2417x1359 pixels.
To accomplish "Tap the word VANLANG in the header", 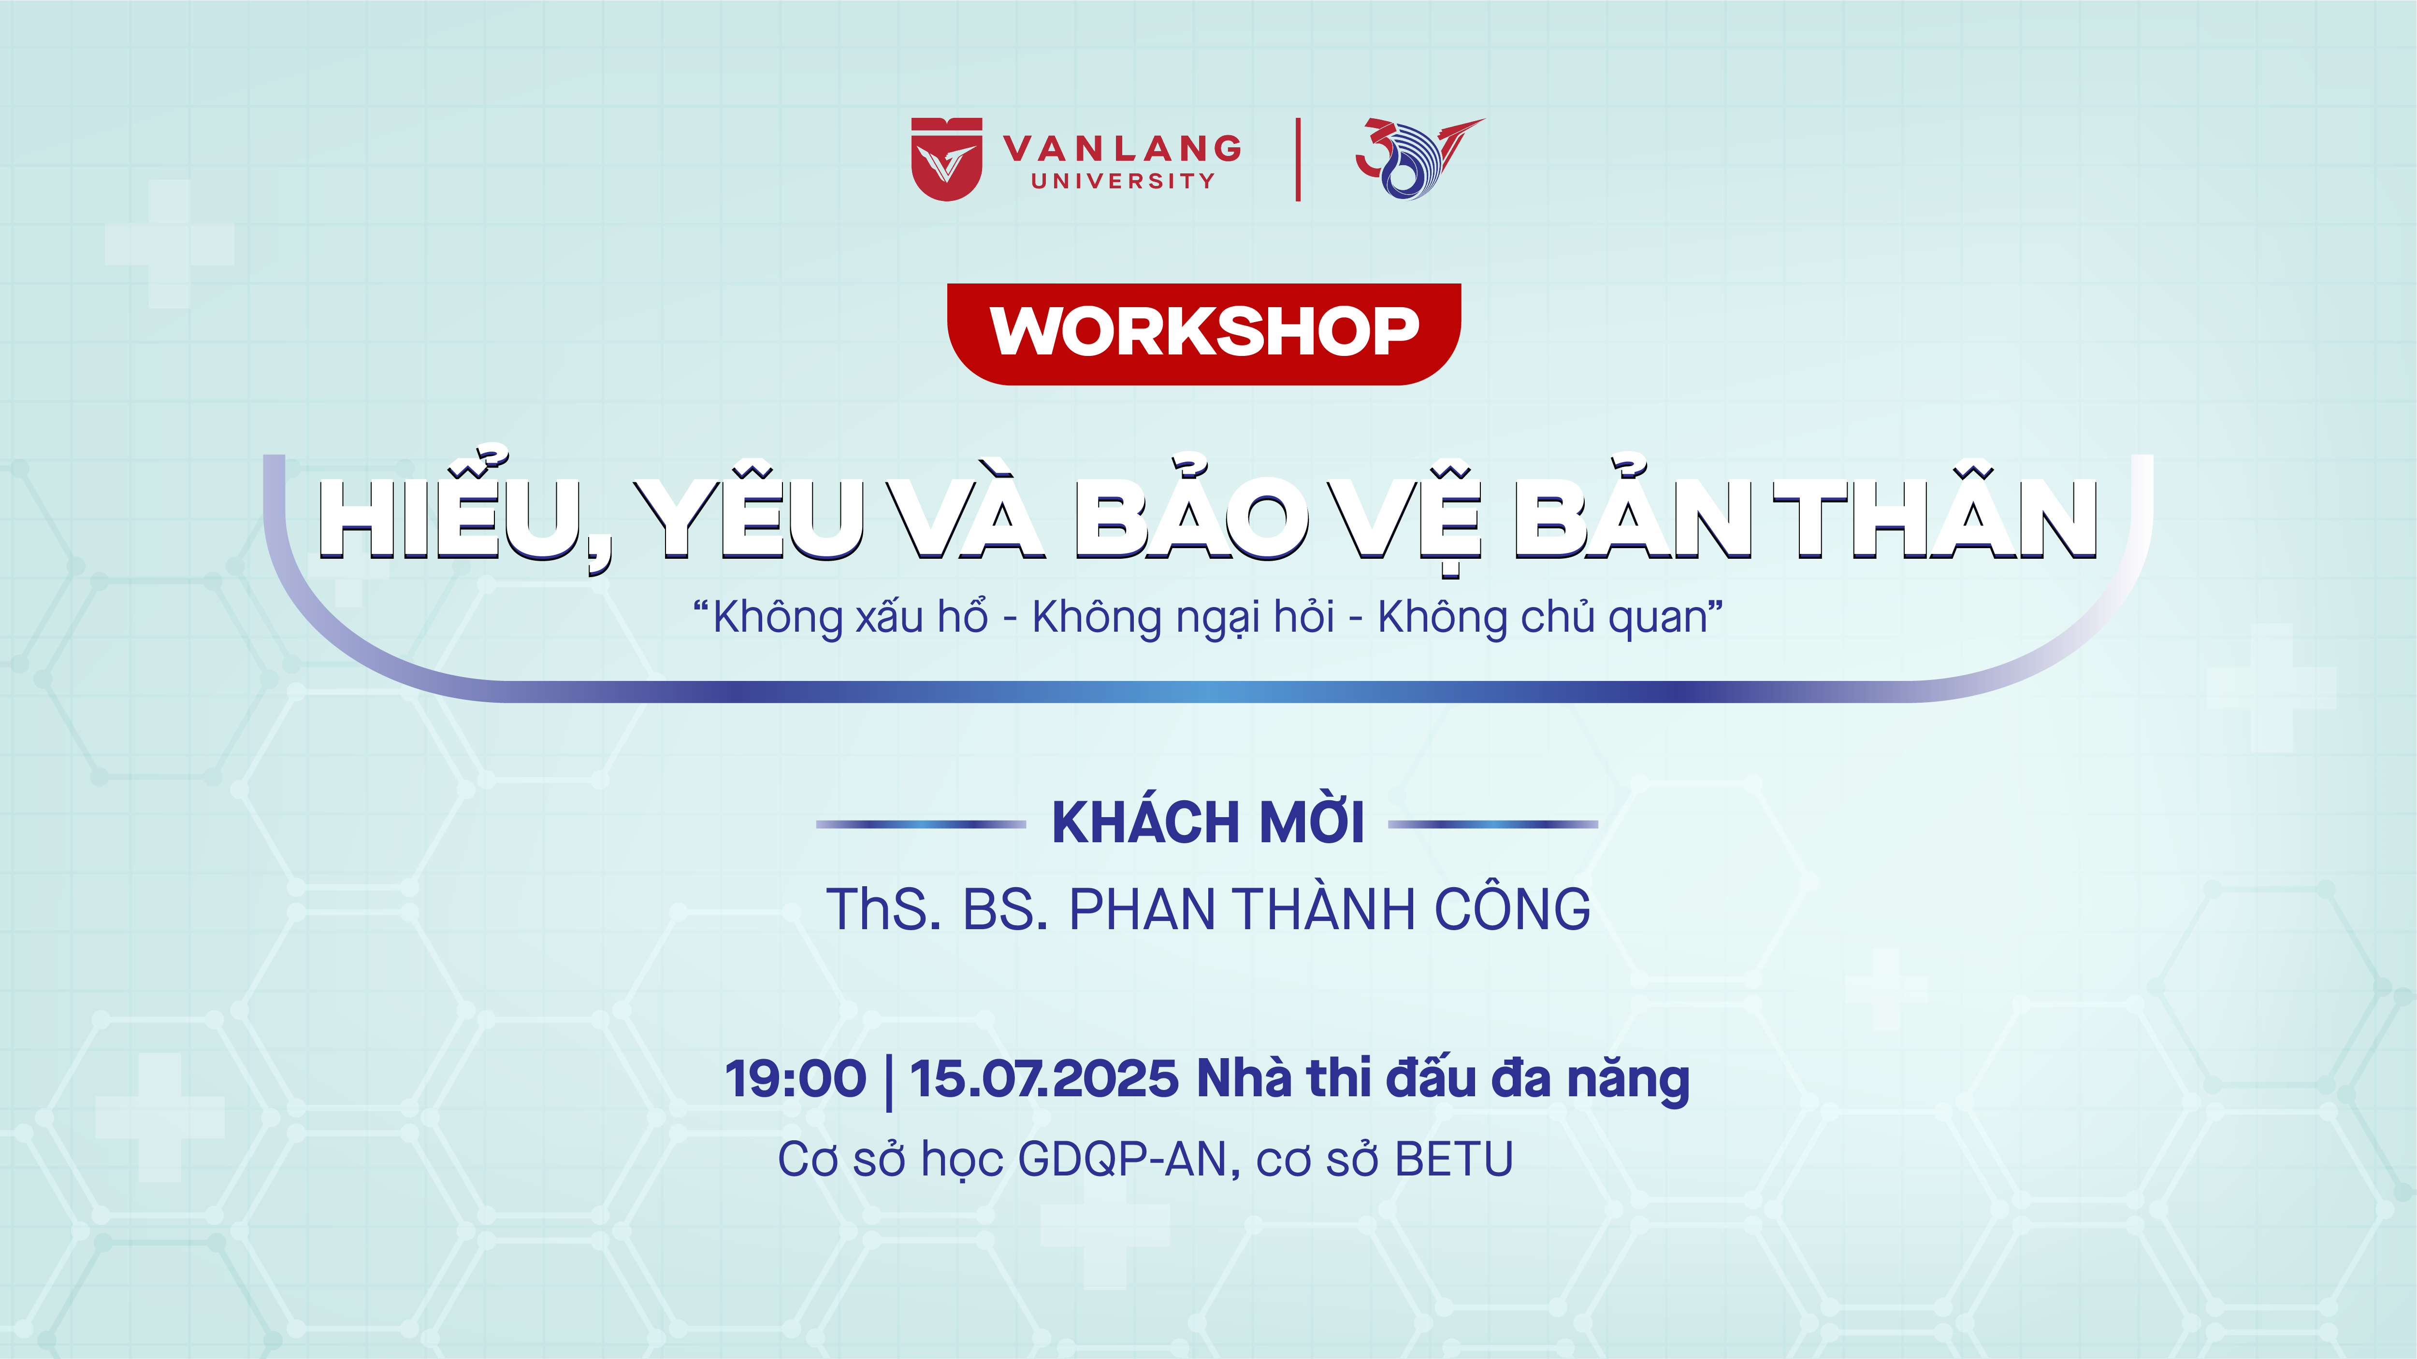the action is [x=1122, y=148].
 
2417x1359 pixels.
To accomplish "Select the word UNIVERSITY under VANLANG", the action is [x=1123, y=181].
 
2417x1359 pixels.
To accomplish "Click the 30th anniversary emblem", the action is [x=1418, y=157].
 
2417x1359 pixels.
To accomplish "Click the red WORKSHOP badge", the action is [x=1204, y=334].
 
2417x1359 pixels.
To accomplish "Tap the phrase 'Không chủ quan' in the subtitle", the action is [x=1543, y=617].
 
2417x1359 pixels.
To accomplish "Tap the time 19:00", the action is [x=796, y=1078].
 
